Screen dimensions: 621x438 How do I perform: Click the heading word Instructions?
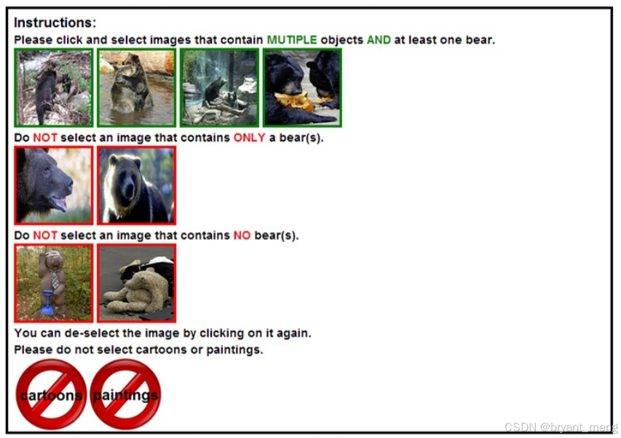(x=55, y=23)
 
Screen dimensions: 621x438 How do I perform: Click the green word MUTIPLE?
(x=292, y=40)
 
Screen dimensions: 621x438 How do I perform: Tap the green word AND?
(x=379, y=40)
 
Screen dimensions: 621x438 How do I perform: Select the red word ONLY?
(x=249, y=138)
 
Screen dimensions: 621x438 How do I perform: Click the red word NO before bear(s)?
(x=242, y=236)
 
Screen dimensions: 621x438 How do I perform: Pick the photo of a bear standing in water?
(x=137, y=88)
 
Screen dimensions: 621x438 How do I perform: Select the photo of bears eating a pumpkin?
(x=302, y=88)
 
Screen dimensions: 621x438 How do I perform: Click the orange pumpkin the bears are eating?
(x=295, y=102)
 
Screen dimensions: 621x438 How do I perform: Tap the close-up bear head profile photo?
(x=53, y=186)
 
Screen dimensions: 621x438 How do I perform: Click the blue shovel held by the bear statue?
(x=47, y=303)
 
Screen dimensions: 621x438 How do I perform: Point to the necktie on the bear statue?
(x=55, y=279)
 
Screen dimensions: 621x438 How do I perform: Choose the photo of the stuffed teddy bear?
(x=137, y=283)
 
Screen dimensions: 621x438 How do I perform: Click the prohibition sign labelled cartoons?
(x=51, y=394)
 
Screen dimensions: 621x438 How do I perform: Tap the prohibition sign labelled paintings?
(x=125, y=394)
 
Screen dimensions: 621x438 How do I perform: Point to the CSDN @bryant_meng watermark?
(x=561, y=427)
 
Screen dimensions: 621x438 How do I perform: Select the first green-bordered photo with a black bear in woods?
(x=53, y=88)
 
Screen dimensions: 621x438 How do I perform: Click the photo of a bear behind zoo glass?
(x=219, y=88)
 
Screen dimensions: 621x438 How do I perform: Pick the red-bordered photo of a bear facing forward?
(x=137, y=186)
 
